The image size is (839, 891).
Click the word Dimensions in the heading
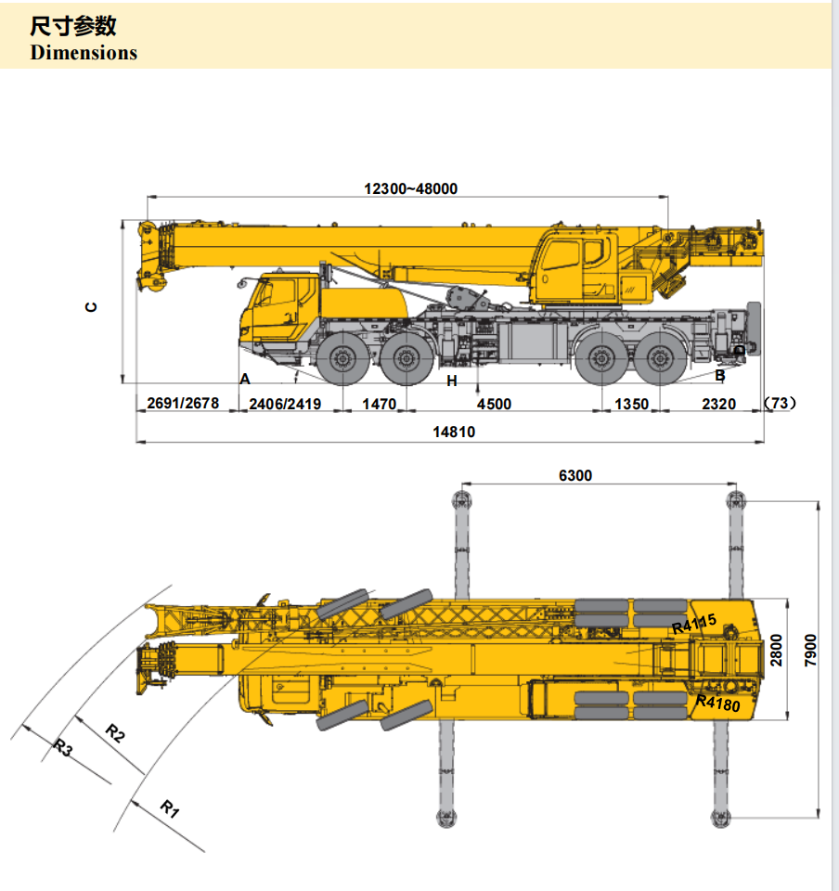pos(84,52)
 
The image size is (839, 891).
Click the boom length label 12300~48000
pos(410,188)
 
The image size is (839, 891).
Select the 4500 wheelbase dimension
pos(494,404)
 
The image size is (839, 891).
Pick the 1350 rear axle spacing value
pos(631,404)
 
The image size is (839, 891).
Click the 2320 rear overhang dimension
pos(718,404)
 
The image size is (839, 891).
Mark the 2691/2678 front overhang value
pos(183,404)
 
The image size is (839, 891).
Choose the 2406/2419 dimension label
pos(285,404)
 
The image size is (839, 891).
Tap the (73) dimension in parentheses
pos(780,403)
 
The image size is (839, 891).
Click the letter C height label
pos(91,306)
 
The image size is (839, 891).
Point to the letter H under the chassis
pos(452,381)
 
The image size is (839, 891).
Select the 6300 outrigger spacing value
pos(574,475)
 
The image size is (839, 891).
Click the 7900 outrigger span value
pos(810,655)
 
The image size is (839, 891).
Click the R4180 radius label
pos(717,704)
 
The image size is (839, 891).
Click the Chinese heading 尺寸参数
pos(73,26)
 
